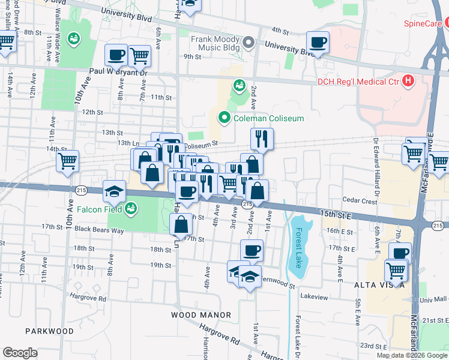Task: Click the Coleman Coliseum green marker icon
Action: (225, 118)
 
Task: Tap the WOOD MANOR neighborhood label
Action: (201, 315)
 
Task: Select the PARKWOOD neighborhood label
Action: (50, 331)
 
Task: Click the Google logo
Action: (20, 353)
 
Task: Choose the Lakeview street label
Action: (315, 297)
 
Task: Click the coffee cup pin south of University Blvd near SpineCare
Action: (318, 43)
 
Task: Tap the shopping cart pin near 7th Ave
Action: (139, 56)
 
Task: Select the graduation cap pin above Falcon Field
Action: (113, 191)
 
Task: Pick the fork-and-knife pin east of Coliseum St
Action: (262, 139)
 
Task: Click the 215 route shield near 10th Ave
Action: (81, 190)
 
